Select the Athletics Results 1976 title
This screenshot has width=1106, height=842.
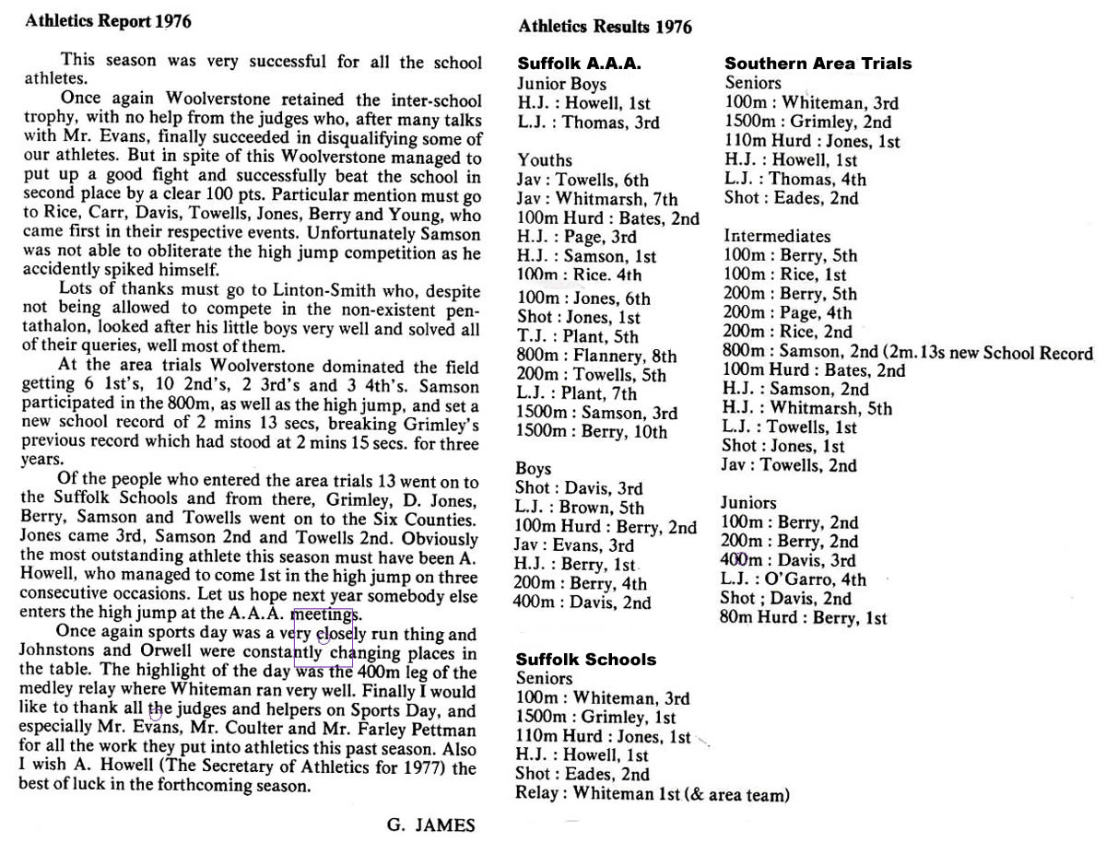(605, 27)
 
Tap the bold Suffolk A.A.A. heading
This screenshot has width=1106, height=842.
(578, 64)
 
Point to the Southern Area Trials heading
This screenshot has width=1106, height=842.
(818, 64)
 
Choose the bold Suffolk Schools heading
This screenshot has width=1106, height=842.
(586, 660)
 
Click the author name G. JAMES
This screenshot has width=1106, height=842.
(431, 824)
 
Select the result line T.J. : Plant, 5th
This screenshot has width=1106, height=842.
(578, 337)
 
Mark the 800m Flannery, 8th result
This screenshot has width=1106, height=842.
(596, 356)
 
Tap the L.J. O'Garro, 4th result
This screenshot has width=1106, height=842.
(794, 579)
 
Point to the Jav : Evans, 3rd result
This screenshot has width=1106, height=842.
(574, 545)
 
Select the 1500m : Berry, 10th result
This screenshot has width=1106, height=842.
(592, 432)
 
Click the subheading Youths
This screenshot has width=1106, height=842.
(545, 160)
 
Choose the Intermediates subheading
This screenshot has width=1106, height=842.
(777, 236)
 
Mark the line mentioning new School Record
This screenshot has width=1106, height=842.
(908, 352)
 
